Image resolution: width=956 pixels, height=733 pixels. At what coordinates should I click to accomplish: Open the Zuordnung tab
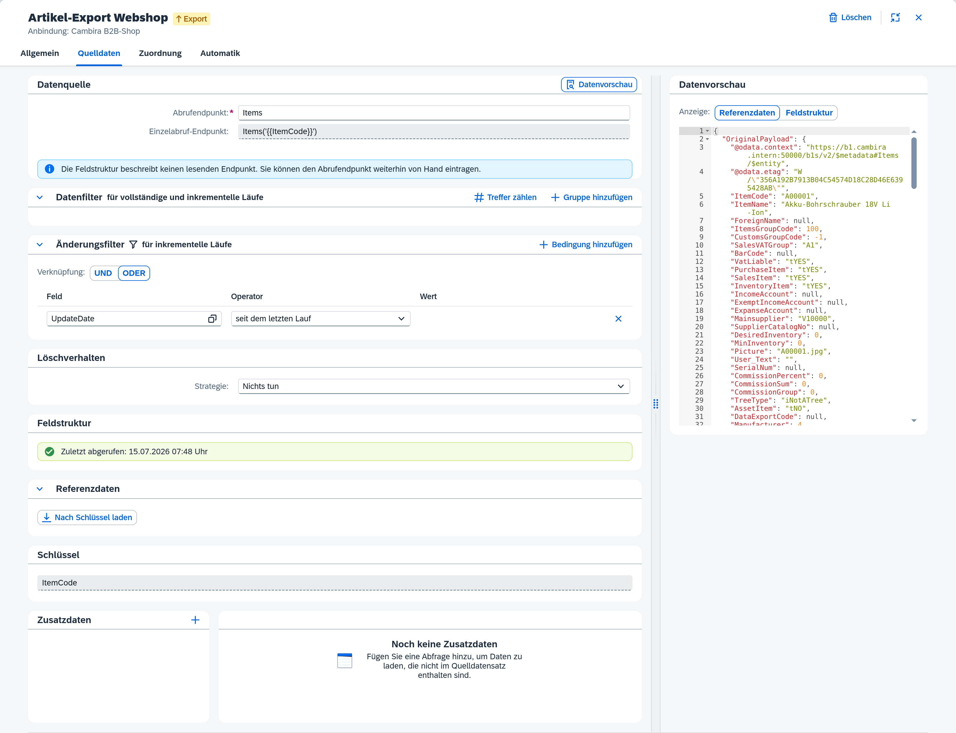coord(160,53)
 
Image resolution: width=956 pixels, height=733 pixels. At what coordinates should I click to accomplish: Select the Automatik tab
coord(220,53)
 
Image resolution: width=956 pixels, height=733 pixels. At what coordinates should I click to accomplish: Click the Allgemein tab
coord(40,53)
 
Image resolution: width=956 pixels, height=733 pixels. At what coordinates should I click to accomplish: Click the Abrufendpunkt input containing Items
coord(433,113)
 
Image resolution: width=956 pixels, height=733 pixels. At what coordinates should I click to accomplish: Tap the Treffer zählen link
coord(505,197)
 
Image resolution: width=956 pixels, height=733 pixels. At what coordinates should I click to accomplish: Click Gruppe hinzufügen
coord(591,197)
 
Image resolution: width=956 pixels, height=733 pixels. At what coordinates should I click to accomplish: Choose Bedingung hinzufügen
coord(586,245)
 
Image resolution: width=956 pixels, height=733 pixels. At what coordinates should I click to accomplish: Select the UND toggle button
coord(103,273)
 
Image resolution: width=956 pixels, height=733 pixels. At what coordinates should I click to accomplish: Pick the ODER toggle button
coord(134,273)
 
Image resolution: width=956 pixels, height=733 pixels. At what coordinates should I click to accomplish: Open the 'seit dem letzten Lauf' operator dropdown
coord(321,318)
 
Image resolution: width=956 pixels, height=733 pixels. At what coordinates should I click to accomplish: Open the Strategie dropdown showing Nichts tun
coord(433,386)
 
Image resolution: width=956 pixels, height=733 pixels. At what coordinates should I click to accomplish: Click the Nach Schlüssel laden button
coord(87,518)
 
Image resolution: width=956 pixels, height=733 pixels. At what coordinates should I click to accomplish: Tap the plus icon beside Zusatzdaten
coord(195,620)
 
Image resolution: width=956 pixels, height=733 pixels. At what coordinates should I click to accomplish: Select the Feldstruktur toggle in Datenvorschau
coord(809,113)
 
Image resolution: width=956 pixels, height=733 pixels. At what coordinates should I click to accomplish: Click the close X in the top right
coord(918,17)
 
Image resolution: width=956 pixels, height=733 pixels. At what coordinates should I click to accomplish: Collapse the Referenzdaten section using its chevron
coord(40,489)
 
